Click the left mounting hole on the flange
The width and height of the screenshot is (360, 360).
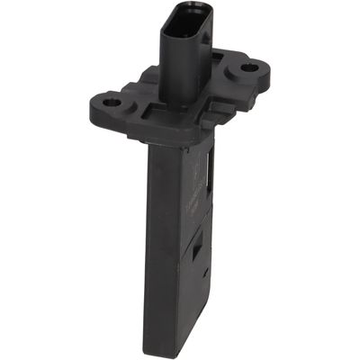(x=112, y=103)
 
